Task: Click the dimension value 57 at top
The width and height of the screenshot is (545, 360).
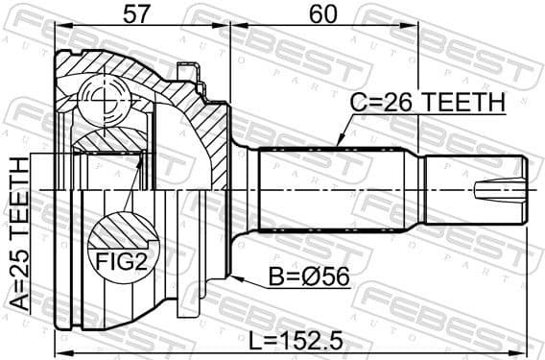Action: (138, 15)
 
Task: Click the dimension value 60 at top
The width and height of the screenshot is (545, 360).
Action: (323, 15)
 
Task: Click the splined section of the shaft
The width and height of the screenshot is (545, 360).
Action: (336, 188)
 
